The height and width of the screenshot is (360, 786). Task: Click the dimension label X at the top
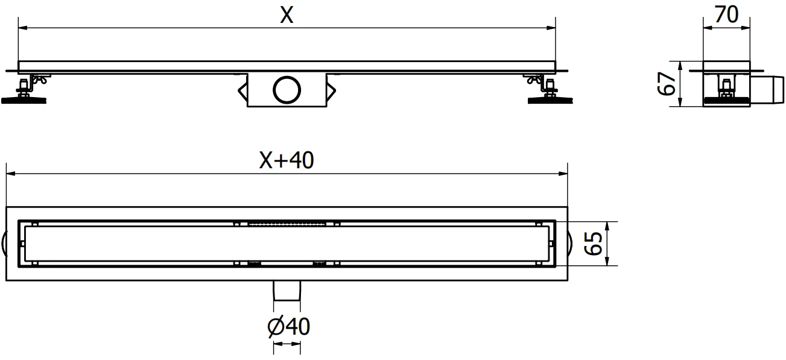pos(287,16)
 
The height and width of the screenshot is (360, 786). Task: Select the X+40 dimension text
pos(287,160)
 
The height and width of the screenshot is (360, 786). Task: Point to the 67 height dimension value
pos(665,85)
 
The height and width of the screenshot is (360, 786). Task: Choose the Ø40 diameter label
pos(288,326)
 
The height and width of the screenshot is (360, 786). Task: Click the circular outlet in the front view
pos(287,90)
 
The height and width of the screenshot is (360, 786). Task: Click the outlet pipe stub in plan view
pos(287,291)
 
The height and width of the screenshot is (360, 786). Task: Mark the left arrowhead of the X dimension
pos(22,27)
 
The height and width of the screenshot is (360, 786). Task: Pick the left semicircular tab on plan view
pos(4,244)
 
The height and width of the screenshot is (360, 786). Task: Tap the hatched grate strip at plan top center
pos(287,223)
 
